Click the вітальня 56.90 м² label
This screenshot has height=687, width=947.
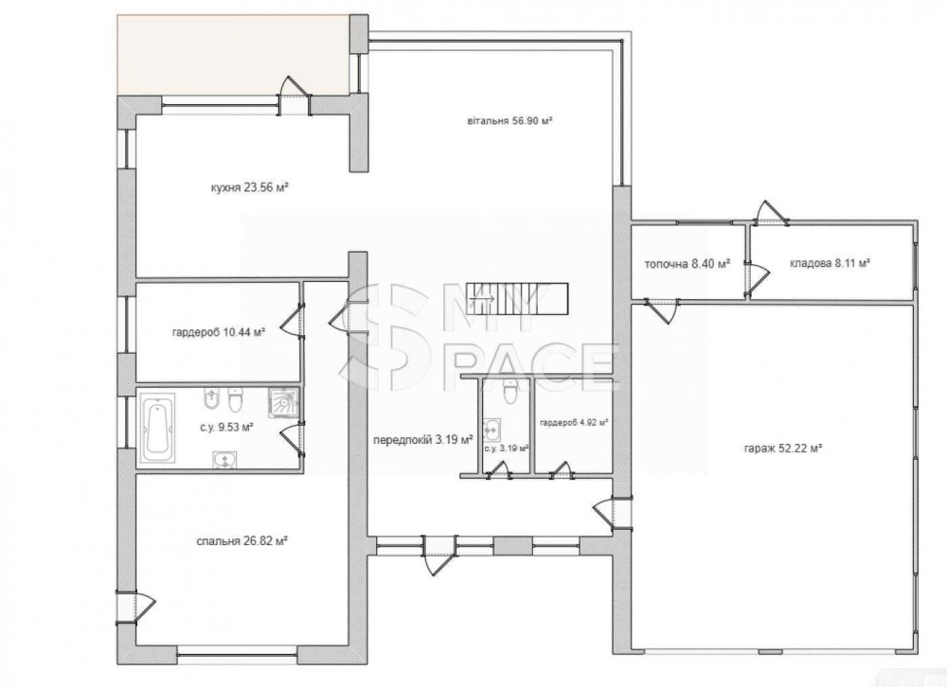[510, 121]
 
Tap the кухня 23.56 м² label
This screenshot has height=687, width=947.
[249, 187]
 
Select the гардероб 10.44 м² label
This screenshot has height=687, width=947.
[219, 331]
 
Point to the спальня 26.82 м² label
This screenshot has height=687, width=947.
[241, 541]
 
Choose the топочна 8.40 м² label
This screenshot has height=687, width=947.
[688, 264]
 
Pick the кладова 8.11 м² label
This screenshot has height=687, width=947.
[830, 263]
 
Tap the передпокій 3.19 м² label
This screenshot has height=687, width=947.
[422, 440]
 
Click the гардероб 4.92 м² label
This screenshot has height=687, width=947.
[574, 423]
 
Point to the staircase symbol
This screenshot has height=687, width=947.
[519, 298]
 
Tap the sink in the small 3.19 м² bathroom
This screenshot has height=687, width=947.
[492, 430]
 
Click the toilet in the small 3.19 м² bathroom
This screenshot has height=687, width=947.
[510, 392]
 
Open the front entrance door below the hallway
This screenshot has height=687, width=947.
[434, 555]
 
